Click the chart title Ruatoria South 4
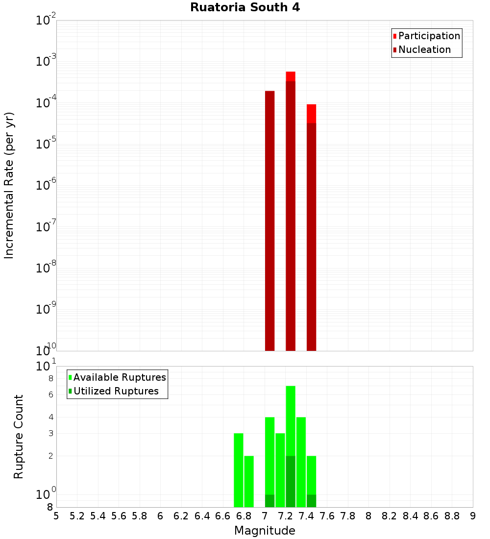(x=245, y=7)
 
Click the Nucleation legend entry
(x=424, y=49)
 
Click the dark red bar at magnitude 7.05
(x=269, y=220)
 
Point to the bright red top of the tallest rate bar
(x=291, y=76)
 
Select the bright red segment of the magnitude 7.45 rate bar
(x=311, y=114)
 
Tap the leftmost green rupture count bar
(x=239, y=470)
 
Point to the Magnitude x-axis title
(x=265, y=531)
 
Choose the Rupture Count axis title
(x=19, y=437)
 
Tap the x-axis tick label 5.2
(x=77, y=516)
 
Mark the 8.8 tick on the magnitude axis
(x=452, y=516)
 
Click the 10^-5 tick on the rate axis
(x=46, y=145)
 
